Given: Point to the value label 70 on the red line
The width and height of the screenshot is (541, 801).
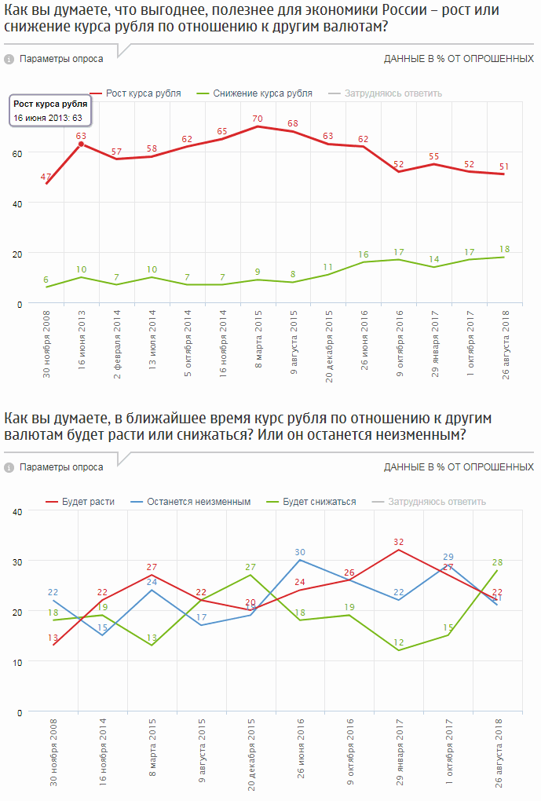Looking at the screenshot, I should [257, 119].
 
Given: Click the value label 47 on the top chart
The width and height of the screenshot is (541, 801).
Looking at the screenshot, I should [46, 177].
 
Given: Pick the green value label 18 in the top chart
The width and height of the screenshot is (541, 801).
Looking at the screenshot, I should [504, 249].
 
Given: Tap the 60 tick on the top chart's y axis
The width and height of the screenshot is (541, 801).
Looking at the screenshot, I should [17, 153].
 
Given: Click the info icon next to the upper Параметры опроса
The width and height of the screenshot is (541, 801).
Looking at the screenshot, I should [9, 59].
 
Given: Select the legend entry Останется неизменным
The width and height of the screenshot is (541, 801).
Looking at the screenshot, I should [199, 502].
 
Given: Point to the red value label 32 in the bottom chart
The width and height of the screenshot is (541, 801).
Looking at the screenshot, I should [398, 542].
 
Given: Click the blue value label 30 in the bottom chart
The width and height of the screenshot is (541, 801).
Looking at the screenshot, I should [300, 552].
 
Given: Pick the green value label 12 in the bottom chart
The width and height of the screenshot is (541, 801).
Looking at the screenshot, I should [398, 643].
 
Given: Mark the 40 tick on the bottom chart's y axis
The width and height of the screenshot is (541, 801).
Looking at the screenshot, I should [17, 511].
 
